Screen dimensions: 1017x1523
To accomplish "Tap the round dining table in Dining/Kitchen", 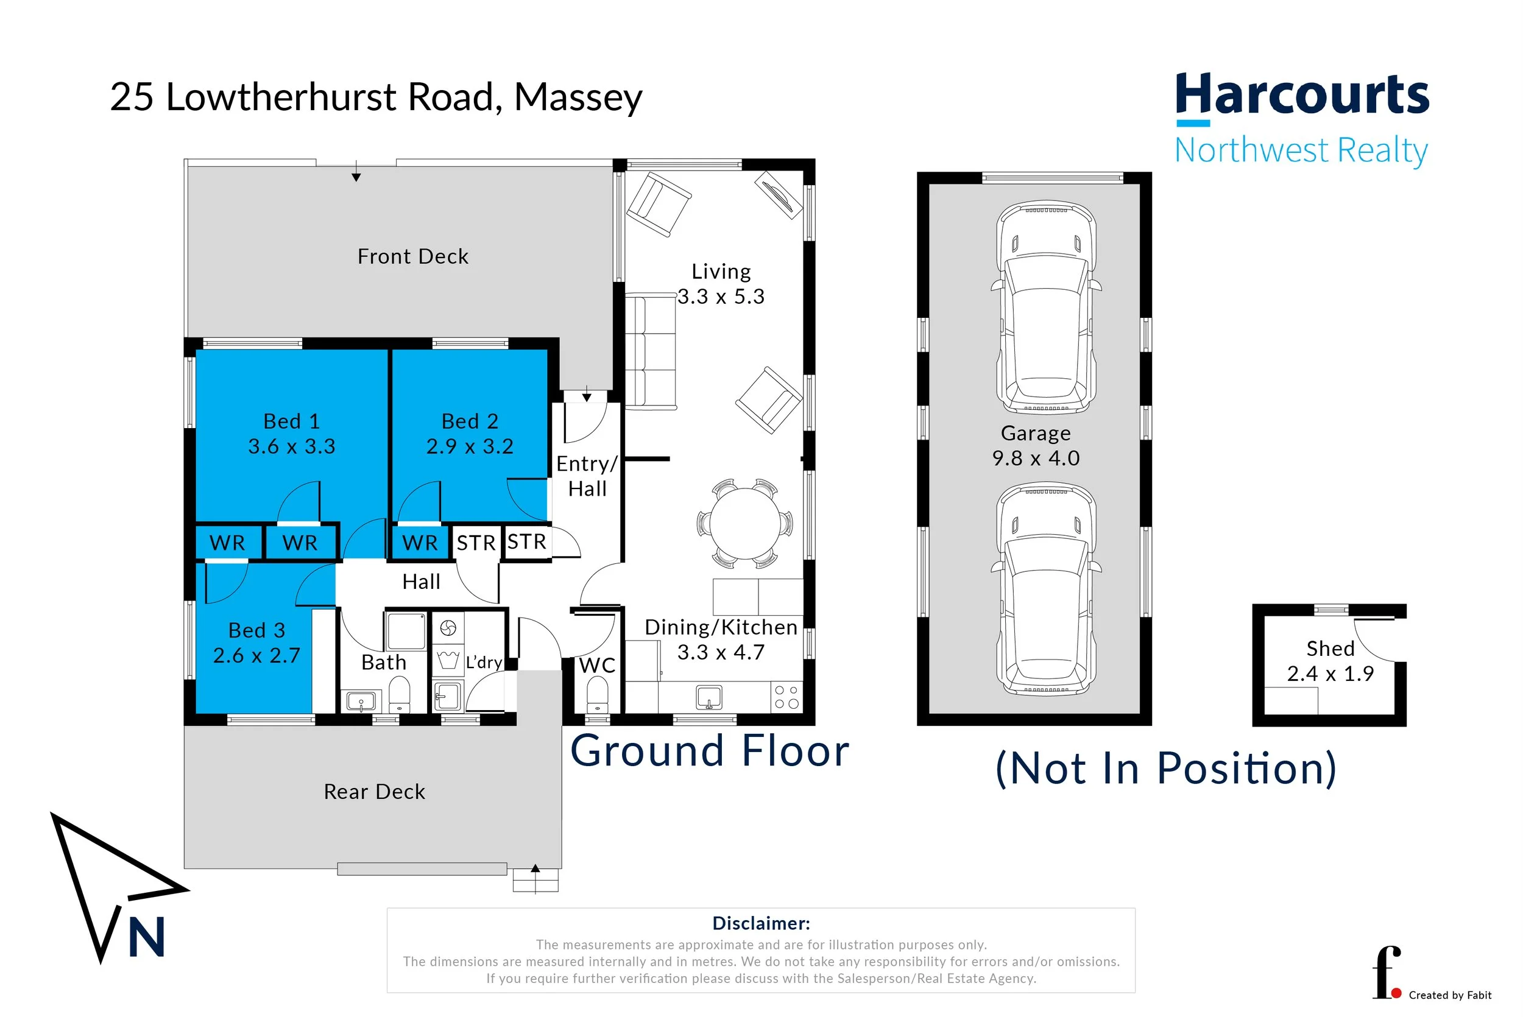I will pos(744,523).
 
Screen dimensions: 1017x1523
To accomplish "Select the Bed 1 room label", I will pos(291,421).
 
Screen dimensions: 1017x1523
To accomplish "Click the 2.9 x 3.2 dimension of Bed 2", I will pos(469,446).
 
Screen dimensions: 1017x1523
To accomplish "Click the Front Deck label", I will pos(412,257).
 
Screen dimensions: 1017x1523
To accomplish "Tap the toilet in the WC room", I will pos(597,696).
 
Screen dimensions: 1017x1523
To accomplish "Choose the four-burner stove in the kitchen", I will pos(786,697).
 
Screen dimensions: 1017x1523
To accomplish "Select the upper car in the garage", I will pos(1045,308).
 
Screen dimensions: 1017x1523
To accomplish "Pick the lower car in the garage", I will pos(1045,588).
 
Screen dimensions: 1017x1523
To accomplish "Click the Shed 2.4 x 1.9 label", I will pos(1330,661).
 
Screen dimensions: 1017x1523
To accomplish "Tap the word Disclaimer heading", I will pos(760,923).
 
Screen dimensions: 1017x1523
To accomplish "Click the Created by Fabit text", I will pos(1450,995).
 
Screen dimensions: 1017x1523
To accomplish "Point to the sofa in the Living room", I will pos(650,351).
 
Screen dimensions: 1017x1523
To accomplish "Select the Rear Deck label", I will pos(374,792).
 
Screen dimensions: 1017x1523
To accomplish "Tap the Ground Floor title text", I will pos(709,751).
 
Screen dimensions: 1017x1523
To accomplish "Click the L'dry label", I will pos(484,662).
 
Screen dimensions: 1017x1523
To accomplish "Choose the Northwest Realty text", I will pos(1301,150).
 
